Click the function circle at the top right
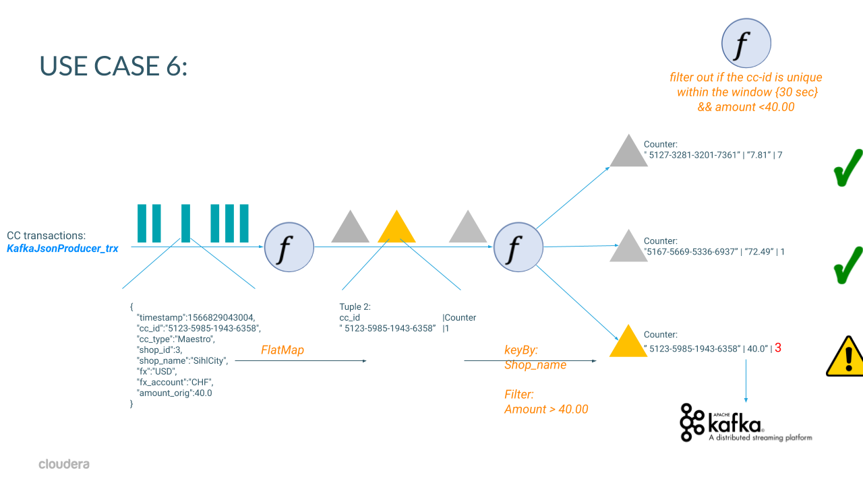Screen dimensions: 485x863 pos(746,43)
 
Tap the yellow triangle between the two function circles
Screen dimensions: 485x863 pos(396,229)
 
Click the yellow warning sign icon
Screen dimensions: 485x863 pos(845,356)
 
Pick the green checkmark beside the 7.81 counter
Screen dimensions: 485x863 pos(847,168)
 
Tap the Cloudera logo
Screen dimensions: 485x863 pos(64,464)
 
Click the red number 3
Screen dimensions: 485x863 pos(777,348)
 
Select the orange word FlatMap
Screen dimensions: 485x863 pos(282,350)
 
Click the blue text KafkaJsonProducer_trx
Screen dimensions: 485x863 pos(63,249)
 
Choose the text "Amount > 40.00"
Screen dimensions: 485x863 pos(546,410)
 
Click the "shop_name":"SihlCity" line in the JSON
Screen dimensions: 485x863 pos(182,360)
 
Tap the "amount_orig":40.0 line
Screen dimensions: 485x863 pos(174,393)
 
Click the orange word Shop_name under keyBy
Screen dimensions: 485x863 pos(535,365)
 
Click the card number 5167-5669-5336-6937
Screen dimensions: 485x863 pos(687,252)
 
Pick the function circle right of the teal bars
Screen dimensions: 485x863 pos(289,247)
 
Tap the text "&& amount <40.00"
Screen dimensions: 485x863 pos(745,106)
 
